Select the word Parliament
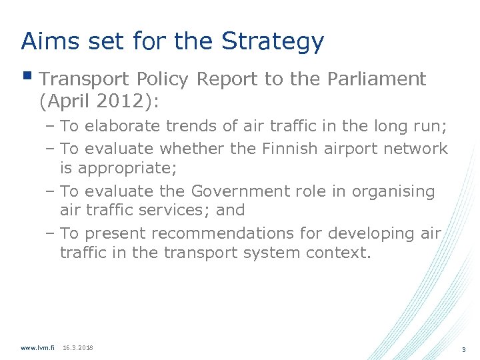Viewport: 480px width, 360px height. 377,79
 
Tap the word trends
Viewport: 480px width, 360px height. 181,125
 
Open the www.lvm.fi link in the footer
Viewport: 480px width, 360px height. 37,348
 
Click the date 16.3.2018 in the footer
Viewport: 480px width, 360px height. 78,348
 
